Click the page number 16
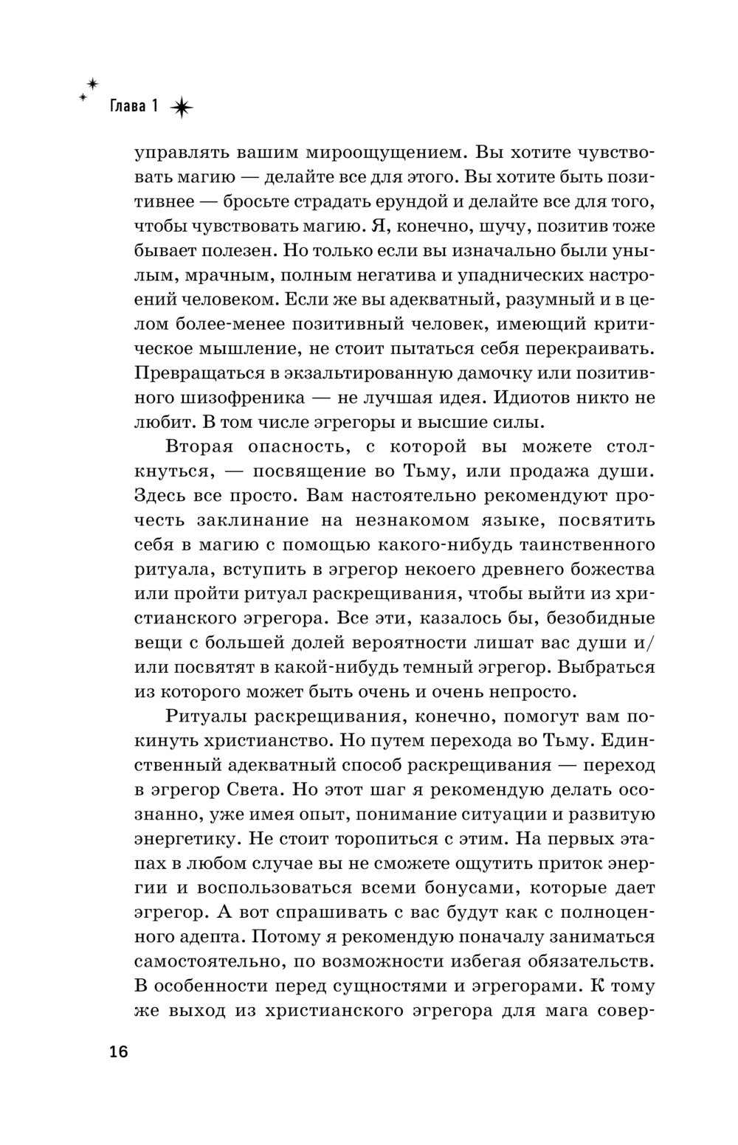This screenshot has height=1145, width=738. (119, 1051)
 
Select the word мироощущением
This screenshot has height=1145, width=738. (378, 153)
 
